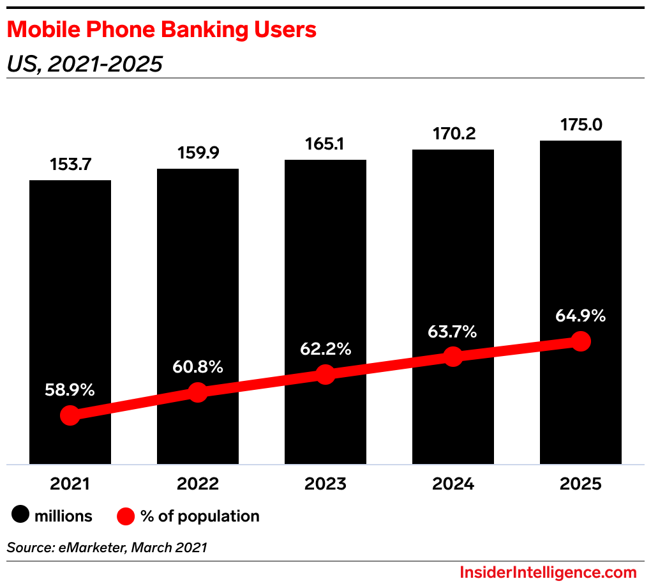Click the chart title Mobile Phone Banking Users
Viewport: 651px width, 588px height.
[161, 30]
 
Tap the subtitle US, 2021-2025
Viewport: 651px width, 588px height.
[84, 64]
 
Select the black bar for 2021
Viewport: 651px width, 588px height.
[70, 288]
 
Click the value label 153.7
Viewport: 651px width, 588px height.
[70, 164]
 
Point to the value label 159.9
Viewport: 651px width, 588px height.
[198, 153]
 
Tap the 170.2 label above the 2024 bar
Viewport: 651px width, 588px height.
[453, 134]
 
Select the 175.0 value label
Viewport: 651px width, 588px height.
[580, 125]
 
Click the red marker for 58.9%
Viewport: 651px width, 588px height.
[70, 415]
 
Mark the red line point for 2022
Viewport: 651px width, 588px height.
[198, 392]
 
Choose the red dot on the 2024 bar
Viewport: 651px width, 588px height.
[453, 357]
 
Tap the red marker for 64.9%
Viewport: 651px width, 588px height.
[580, 341]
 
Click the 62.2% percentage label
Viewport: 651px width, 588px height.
[325, 350]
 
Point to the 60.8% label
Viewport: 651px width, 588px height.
[198, 367]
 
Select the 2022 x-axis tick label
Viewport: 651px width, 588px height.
[198, 484]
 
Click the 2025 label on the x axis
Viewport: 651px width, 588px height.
[580, 484]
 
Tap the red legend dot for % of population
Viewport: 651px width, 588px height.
[126, 515]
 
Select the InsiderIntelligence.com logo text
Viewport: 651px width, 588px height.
[548, 572]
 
